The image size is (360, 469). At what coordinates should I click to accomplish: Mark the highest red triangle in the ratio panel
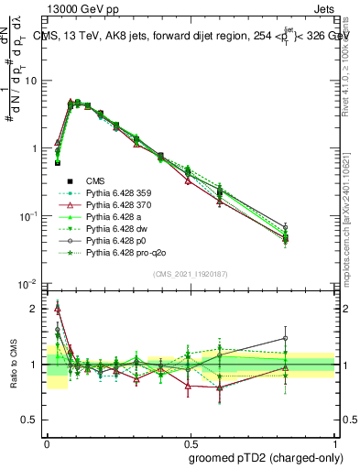coord(59,307)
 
